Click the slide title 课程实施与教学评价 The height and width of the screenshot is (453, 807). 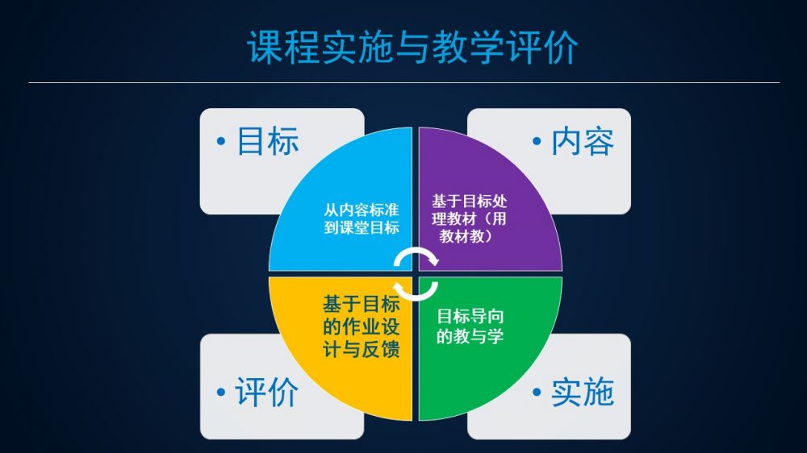[412, 47]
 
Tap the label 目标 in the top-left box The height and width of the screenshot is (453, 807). [268, 141]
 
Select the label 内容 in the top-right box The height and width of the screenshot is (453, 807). [583, 141]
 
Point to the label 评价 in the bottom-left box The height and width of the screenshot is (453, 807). [266, 393]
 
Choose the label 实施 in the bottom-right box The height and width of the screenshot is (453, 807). [583, 393]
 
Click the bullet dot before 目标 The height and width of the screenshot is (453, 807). [221, 141]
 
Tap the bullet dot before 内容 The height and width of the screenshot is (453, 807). [537, 141]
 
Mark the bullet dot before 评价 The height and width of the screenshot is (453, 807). [221, 393]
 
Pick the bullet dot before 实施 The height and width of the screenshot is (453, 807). [537, 393]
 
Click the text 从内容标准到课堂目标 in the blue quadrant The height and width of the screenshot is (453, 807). [362, 218]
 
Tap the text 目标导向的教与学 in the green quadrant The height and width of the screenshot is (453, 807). [470, 326]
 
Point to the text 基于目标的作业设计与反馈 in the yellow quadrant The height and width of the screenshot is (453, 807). [362, 326]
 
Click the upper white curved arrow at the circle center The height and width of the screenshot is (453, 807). [416, 256]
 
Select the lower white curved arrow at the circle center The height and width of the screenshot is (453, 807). [416, 290]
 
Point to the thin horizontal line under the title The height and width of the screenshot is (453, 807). [404, 82]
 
